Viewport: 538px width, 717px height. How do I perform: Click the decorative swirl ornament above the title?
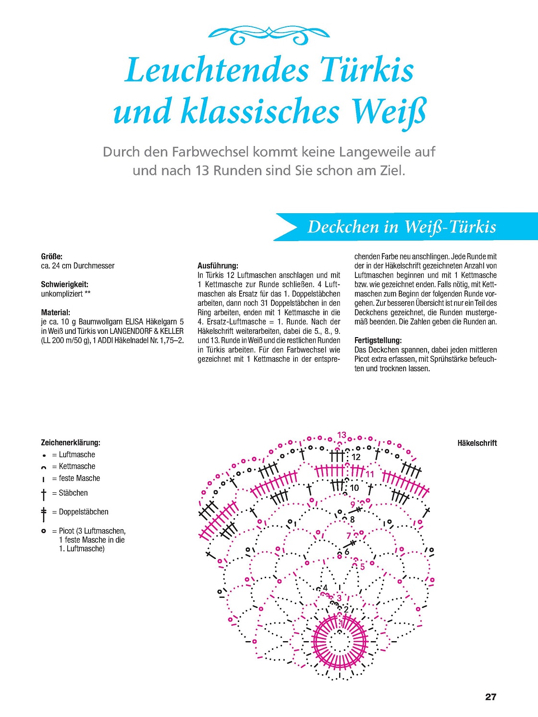pyautogui.click(x=269, y=35)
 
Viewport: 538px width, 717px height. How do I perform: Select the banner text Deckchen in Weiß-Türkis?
pyautogui.click(x=402, y=227)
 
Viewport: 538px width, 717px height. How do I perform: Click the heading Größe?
pyautogui.click(x=51, y=256)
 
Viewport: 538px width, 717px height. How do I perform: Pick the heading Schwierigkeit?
pyautogui.click(x=65, y=284)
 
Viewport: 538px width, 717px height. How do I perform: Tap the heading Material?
pyautogui.click(x=56, y=312)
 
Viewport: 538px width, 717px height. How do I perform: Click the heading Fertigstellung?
pyautogui.click(x=378, y=340)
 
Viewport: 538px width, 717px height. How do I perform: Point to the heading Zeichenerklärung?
pyautogui.click(x=71, y=443)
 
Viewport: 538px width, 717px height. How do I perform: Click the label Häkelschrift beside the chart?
pyautogui.click(x=477, y=443)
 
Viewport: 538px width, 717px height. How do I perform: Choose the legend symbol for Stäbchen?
pyautogui.click(x=43, y=495)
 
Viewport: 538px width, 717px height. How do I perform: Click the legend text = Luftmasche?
pyautogui.click(x=73, y=455)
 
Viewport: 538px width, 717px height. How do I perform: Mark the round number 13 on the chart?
pyautogui.click(x=342, y=435)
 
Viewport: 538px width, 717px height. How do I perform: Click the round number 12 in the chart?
pyautogui.click(x=356, y=457)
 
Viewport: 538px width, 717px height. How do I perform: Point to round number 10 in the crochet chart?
pyautogui.click(x=355, y=488)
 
